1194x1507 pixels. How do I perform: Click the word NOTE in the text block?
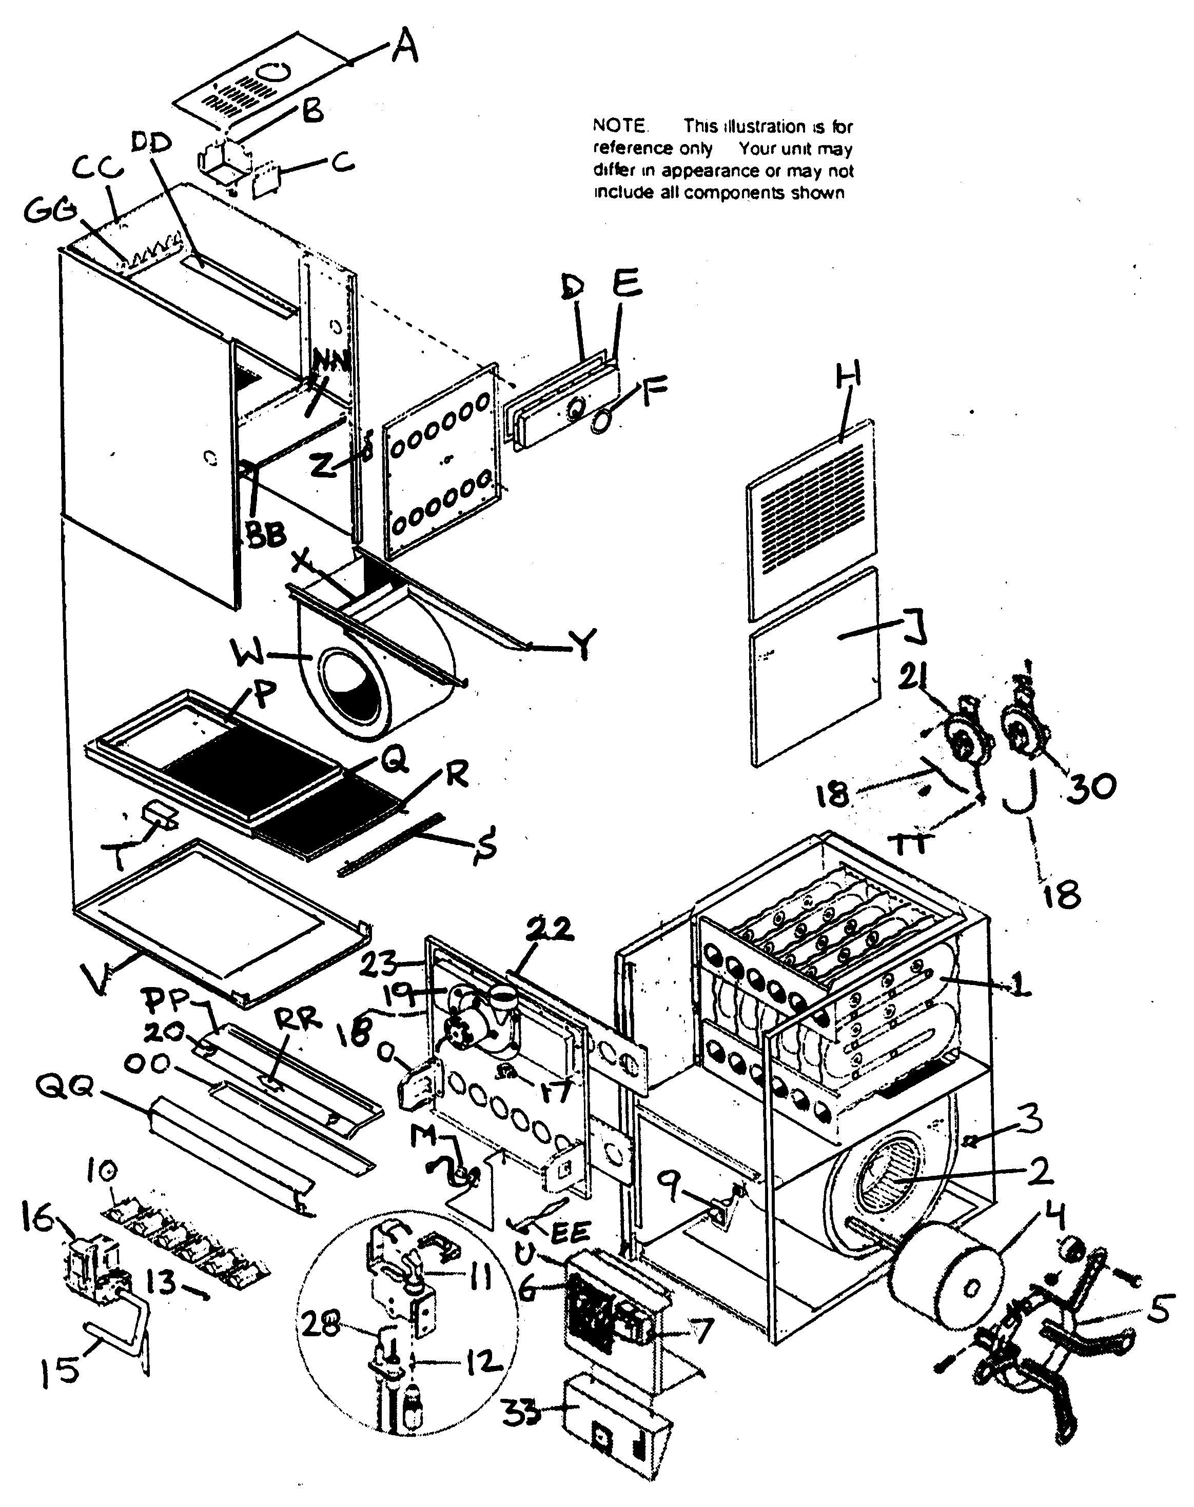(x=620, y=126)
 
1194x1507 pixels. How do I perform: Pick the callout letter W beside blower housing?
(x=253, y=655)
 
